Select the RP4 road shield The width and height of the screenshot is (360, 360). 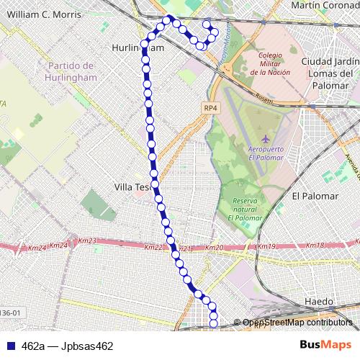pyautogui.click(x=210, y=108)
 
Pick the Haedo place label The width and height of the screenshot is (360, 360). pyautogui.click(x=319, y=301)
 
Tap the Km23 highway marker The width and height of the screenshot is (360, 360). pyautogui.click(x=87, y=241)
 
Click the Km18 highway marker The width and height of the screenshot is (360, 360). pyautogui.click(x=315, y=246)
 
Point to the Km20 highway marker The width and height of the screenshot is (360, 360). pyautogui.click(x=215, y=248)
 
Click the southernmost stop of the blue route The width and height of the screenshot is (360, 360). pyautogui.click(x=213, y=323)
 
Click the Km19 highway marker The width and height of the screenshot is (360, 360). pyautogui.click(x=266, y=247)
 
